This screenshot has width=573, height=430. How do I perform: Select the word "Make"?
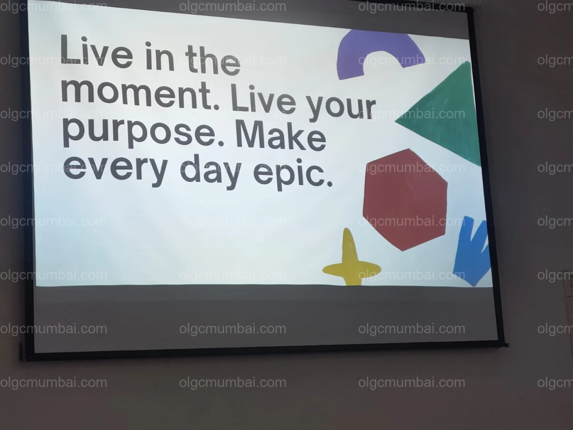[281, 136]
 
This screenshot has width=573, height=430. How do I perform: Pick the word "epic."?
[293, 173]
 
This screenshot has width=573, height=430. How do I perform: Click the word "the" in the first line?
[213, 60]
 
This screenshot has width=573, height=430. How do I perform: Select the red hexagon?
[405, 200]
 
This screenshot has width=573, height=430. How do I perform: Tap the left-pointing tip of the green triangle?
[395, 121]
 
